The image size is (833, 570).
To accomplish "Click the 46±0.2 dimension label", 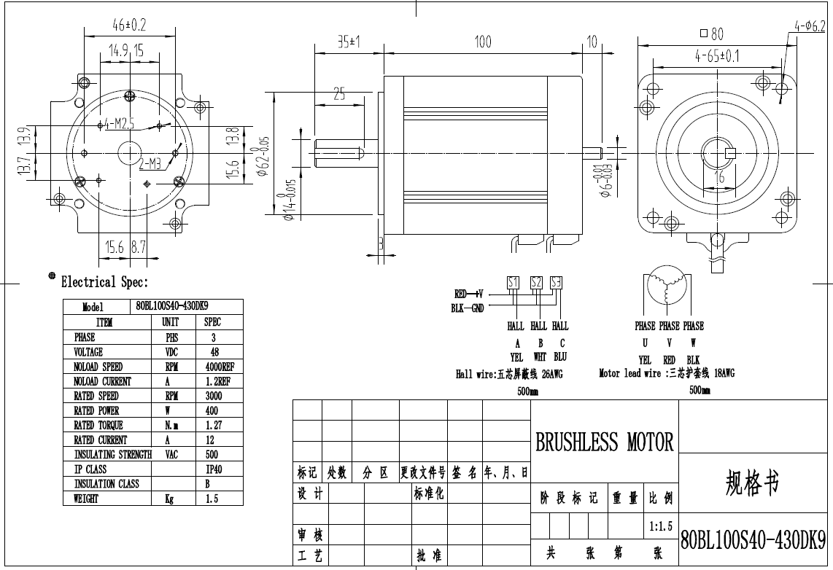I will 130,26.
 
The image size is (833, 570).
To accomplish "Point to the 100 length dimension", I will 483,42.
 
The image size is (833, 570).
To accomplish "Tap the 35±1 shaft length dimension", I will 350,42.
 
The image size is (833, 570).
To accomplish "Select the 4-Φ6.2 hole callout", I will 810,26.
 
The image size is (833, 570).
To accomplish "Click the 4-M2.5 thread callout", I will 120,124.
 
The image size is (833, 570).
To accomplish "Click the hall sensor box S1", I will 513,283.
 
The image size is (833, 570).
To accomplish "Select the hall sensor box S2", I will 536,283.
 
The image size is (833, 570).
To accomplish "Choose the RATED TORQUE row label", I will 98,425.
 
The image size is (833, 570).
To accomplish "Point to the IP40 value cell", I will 213,469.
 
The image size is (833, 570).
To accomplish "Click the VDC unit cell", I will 171,352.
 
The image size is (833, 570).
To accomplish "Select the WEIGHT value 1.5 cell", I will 212,499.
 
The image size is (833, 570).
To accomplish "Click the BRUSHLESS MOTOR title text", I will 605,442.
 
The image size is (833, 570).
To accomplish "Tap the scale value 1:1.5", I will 661,526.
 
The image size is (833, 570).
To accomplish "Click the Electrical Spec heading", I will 104,282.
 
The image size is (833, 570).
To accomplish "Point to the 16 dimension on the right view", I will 720,176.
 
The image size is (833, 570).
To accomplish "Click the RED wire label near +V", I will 460,294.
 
